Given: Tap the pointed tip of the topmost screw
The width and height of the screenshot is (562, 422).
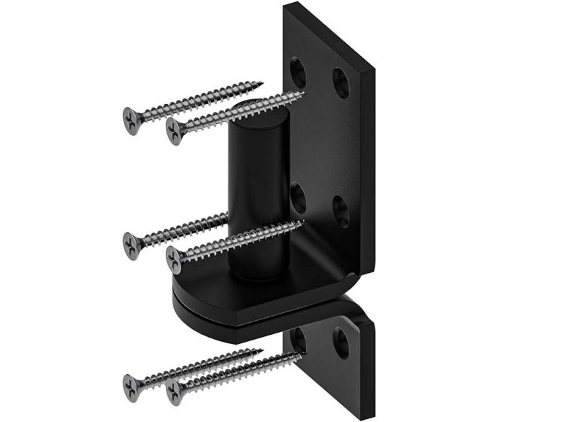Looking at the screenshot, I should pos(263,82).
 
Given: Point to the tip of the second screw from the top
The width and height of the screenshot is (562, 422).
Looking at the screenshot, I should pos(306,92).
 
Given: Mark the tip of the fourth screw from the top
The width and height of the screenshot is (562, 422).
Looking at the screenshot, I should pos(304,223).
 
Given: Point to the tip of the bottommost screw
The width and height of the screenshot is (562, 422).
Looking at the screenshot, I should pos(303,354).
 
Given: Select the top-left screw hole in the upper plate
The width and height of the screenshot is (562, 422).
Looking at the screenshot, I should pos(299,69).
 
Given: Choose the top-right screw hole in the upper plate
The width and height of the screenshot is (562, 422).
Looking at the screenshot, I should pos(341,82).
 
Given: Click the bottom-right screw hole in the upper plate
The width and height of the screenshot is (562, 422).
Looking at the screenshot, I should pos(341,210).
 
